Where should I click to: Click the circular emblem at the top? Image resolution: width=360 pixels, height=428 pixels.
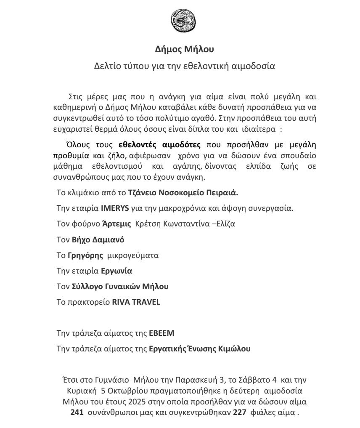click(180, 21)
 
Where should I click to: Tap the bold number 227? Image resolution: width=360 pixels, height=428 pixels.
click(239, 412)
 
